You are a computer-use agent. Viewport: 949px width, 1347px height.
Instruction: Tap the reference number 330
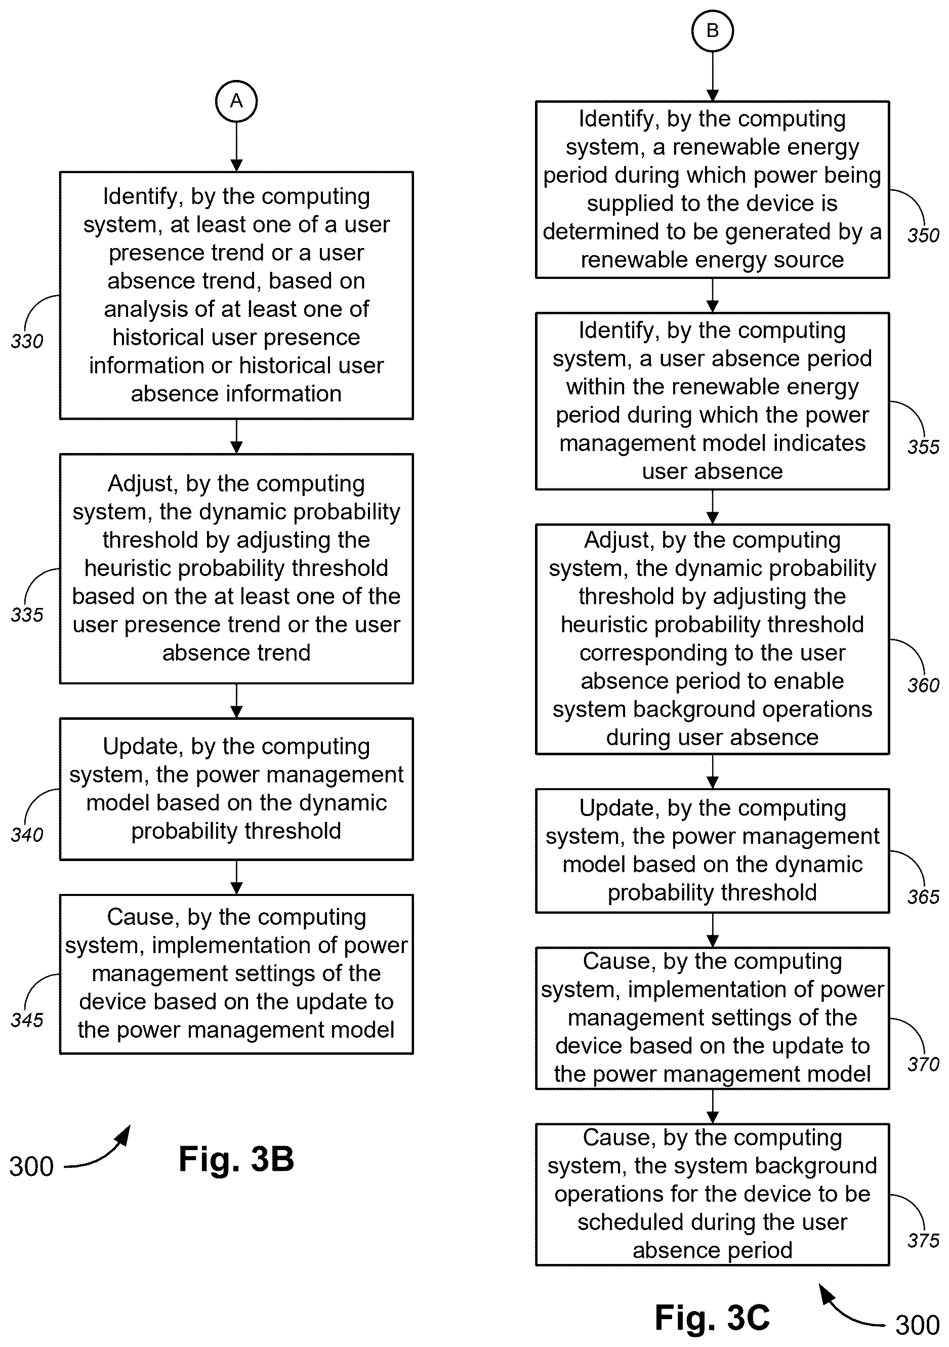click(27, 341)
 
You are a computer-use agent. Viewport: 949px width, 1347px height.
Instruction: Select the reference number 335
click(27, 615)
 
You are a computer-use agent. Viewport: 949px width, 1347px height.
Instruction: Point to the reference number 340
click(27, 834)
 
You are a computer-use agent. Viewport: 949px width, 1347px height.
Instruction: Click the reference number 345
click(27, 1019)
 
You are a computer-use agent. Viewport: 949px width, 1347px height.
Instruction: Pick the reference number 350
click(923, 235)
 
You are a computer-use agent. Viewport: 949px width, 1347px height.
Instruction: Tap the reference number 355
click(923, 446)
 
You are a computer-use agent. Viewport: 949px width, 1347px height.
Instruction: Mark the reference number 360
click(923, 685)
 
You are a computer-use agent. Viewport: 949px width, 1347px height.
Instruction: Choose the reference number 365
click(923, 896)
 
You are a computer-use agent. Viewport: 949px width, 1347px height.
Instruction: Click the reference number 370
click(923, 1064)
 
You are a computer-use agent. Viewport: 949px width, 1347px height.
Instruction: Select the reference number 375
click(923, 1240)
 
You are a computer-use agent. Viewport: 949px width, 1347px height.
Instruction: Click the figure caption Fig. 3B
click(236, 1159)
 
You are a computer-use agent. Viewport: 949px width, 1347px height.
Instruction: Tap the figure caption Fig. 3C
click(712, 1318)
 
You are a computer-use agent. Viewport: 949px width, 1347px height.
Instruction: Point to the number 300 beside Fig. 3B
click(31, 1166)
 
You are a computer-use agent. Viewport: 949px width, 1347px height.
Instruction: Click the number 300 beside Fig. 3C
click(917, 1325)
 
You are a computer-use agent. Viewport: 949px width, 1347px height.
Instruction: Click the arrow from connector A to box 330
click(236, 147)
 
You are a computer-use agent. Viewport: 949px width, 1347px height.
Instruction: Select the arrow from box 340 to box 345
click(236, 877)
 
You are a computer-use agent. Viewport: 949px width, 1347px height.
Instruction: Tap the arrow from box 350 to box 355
click(713, 295)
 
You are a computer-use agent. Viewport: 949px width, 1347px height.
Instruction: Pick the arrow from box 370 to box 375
click(713, 1107)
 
